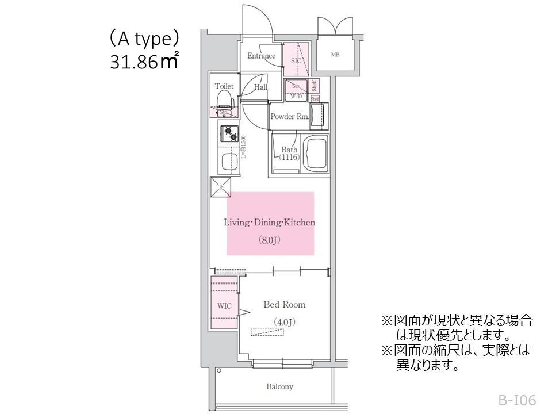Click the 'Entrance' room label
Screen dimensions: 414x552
(x=261, y=56)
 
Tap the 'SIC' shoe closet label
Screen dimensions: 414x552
(x=296, y=60)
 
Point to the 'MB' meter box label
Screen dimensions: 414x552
(x=335, y=55)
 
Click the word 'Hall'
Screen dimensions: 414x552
(x=260, y=87)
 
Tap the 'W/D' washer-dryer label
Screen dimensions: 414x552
(x=296, y=97)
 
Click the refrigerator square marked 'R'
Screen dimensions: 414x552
(x=221, y=187)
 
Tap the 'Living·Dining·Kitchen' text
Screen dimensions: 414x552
(x=270, y=223)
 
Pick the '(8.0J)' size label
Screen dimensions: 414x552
(x=269, y=240)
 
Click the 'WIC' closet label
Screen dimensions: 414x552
(x=224, y=306)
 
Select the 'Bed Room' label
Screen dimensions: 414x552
(x=284, y=304)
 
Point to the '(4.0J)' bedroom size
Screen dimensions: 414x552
(x=284, y=322)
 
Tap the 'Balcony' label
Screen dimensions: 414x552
(x=279, y=386)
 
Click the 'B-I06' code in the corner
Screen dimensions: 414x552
(x=517, y=400)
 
